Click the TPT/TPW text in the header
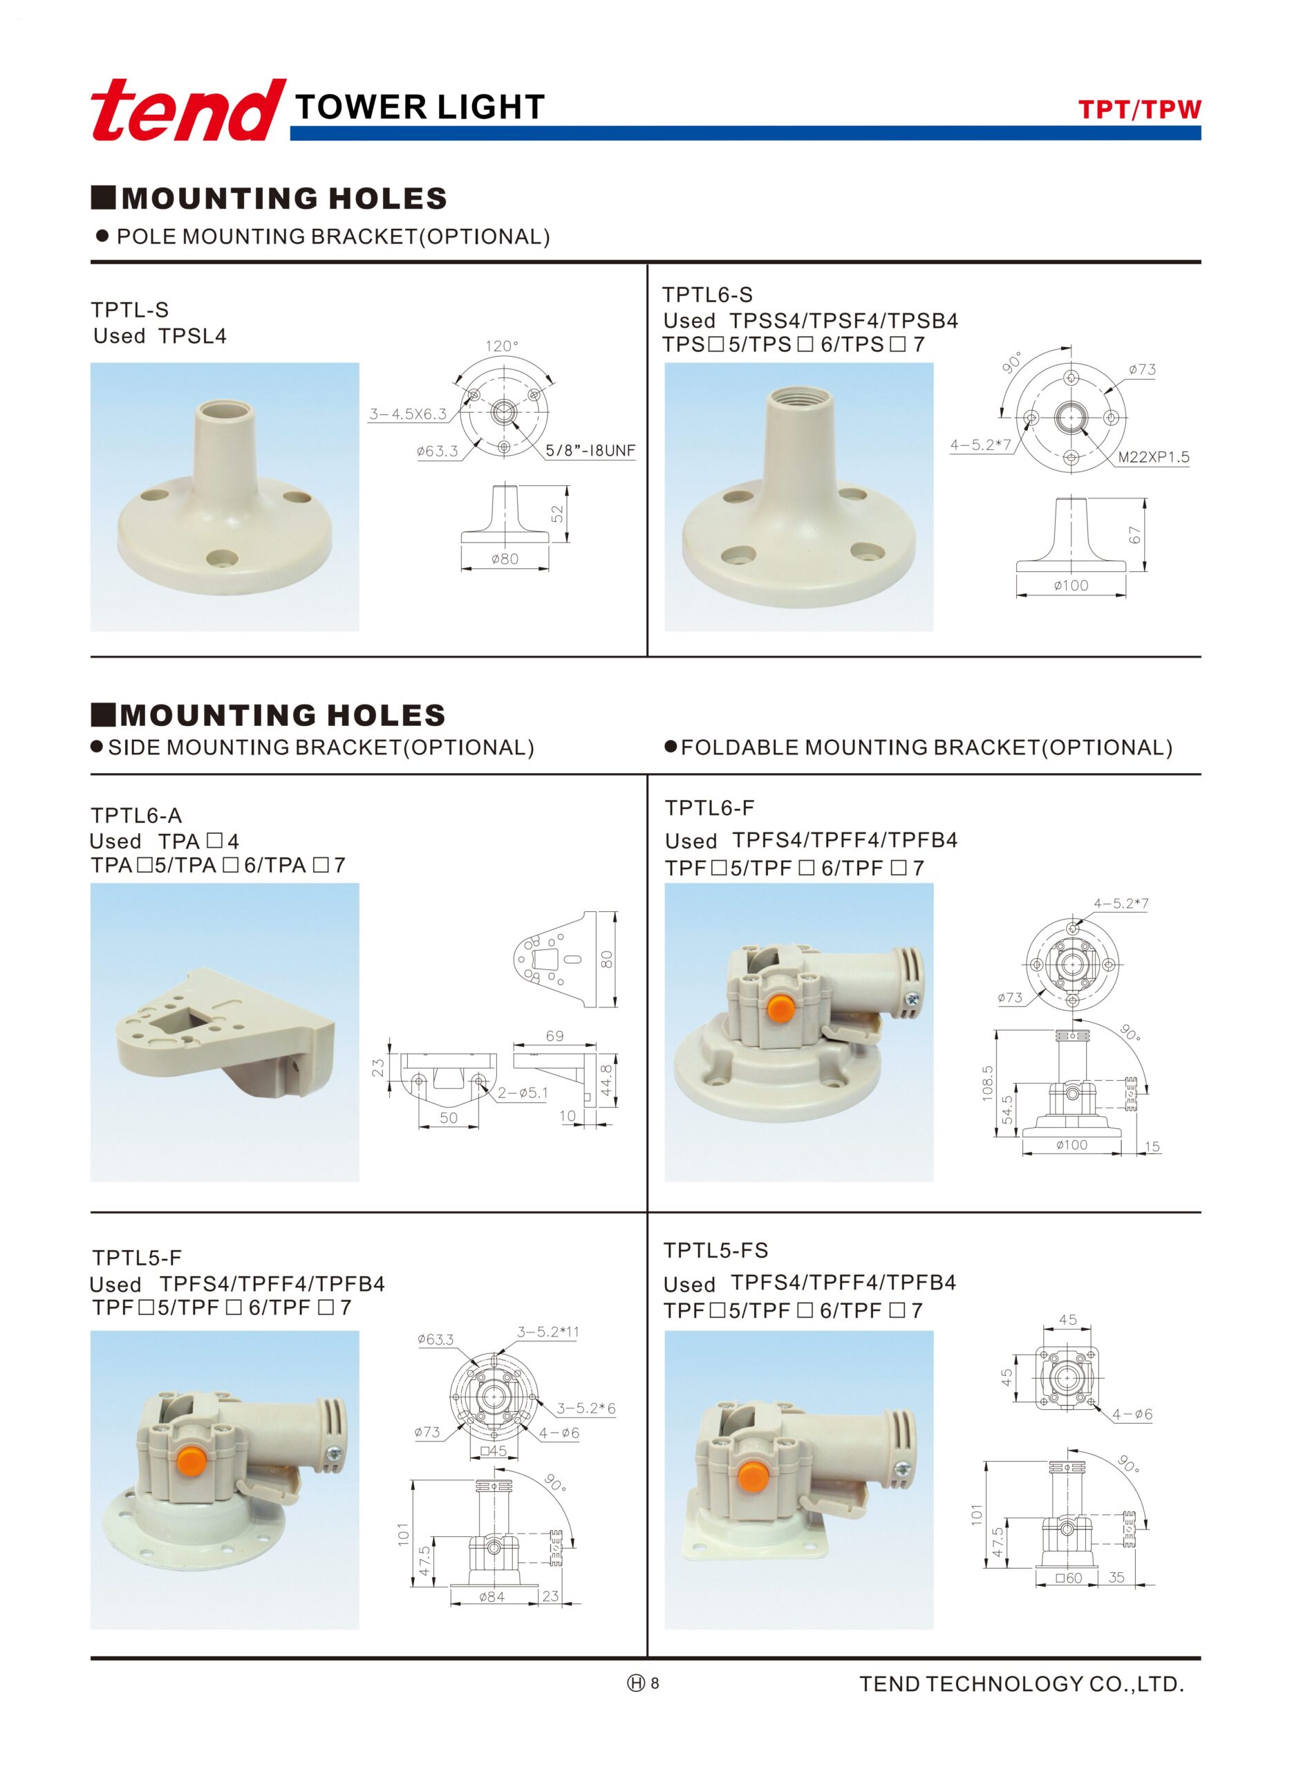coord(1139,109)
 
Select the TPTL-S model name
coord(130,310)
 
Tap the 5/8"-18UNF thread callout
coord(590,451)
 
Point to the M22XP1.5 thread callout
coord(1154,457)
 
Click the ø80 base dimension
coord(505,559)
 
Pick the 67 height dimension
coord(1135,535)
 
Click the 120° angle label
coord(502,346)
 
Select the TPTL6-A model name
coord(136,816)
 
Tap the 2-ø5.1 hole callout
coord(523,1092)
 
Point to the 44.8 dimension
coord(606,1080)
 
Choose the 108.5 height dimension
coord(988,1083)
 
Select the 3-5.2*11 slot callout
coord(547,1332)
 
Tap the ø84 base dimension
coord(492,1597)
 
